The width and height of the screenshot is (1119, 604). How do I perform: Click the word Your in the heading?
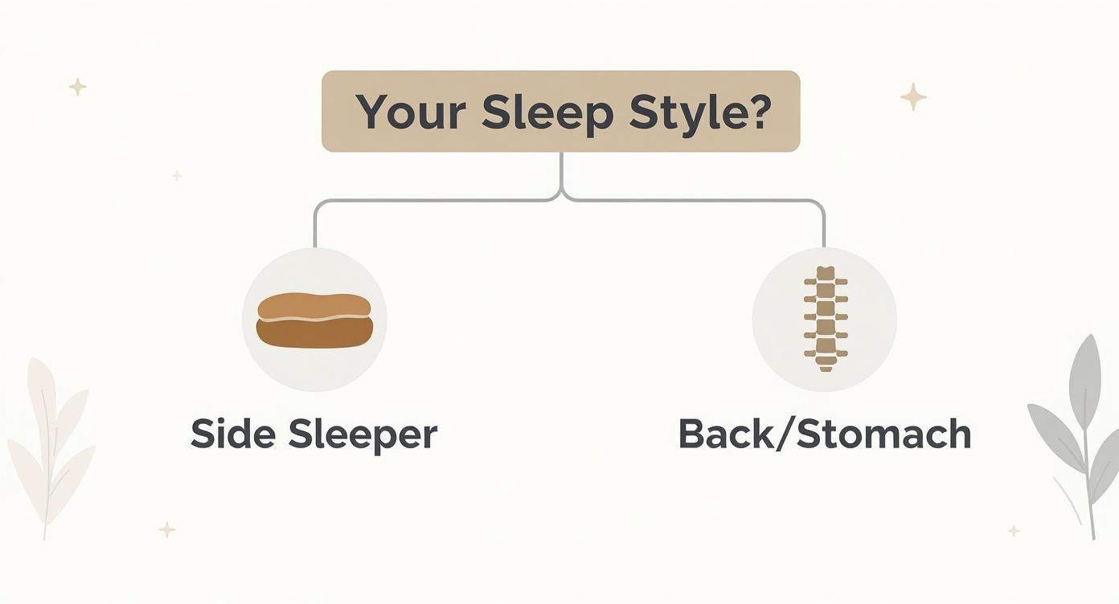[410, 112]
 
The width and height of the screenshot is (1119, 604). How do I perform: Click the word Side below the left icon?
[232, 434]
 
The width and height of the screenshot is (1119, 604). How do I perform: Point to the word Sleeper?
[363, 434]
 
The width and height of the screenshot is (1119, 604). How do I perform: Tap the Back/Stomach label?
[825, 434]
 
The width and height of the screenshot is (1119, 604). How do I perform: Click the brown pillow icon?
[314, 320]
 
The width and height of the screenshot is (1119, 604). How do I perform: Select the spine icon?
[825, 319]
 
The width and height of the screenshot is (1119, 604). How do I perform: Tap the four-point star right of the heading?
[913, 97]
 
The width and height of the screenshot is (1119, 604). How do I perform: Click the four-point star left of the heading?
[77, 87]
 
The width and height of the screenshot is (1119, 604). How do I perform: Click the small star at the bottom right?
[1014, 530]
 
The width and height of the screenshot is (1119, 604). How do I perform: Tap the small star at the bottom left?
[166, 528]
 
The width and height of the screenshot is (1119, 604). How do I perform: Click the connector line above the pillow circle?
[314, 225]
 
